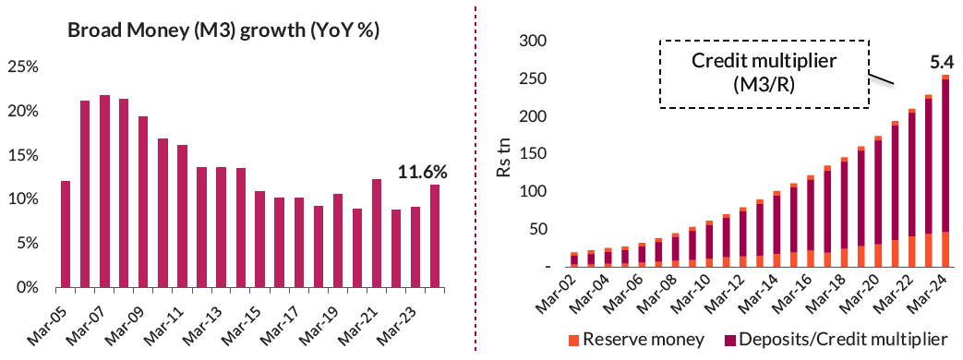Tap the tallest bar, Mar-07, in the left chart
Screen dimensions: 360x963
click(104, 191)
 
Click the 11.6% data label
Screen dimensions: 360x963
click(422, 172)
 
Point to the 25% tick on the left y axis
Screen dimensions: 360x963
click(23, 66)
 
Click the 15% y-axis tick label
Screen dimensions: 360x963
click(23, 155)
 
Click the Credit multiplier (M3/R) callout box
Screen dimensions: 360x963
click(764, 72)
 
